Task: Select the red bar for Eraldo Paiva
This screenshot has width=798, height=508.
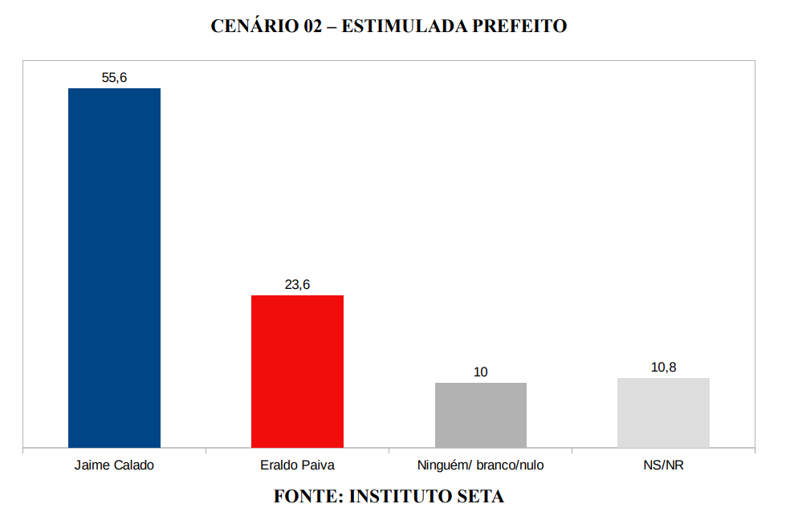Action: (297, 371)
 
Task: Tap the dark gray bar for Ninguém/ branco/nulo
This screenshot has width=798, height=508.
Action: (480, 414)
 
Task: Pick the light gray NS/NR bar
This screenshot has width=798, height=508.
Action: (663, 412)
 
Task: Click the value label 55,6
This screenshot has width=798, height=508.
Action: (114, 78)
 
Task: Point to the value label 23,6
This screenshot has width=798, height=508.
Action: (297, 285)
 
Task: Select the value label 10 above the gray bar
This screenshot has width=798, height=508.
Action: (480, 372)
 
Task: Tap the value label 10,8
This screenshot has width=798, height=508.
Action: (663, 368)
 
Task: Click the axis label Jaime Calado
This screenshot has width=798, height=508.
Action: (114, 465)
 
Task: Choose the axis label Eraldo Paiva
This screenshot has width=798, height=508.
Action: (297, 465)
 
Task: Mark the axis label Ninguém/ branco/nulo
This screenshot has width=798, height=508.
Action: (480, 465)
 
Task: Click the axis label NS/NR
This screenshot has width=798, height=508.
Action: (663, 465)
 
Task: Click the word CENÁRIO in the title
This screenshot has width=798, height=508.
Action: (254, 26)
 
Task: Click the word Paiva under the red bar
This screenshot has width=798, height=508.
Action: (317, 465)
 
